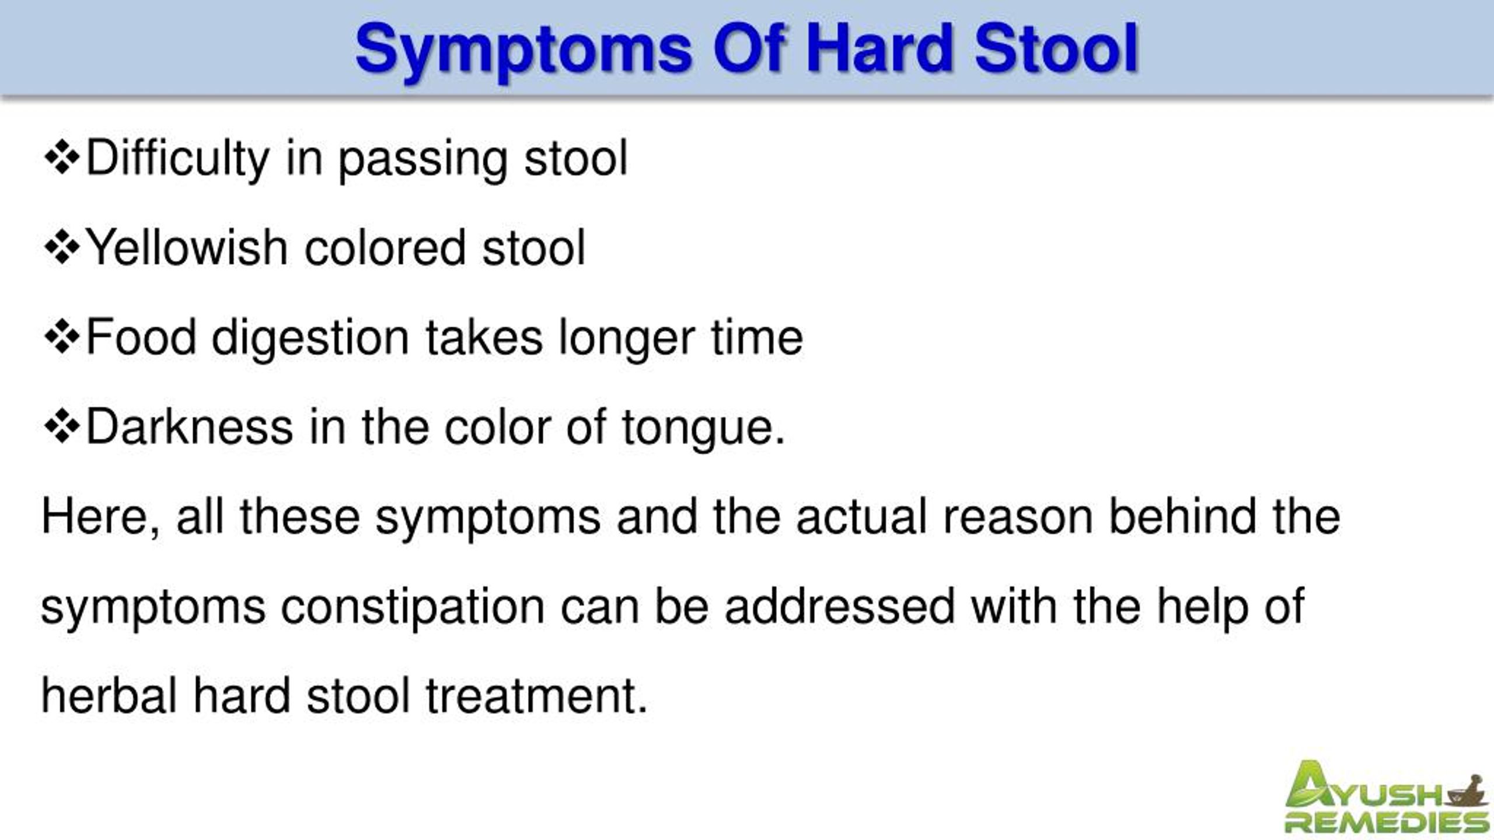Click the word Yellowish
pyautogui.click(x=186, y=249)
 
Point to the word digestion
pyautogui.click(x=310, y=338)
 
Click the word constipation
pyautogui.click(x=413, y=607)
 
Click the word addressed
pyautogui.click(x=840, y=607)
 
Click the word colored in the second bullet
pyautogui.click(x=385, y=249)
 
